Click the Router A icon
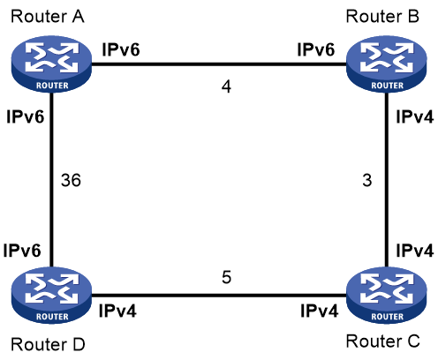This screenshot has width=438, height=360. (51, 64)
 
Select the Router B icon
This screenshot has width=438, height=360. (387, 64)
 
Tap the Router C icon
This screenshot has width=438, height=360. (387, 296)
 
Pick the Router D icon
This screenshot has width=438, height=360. (51, 296)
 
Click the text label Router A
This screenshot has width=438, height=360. (48, 17)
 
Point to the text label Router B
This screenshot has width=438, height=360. (382, 17)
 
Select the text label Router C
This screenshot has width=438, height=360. (382, 341)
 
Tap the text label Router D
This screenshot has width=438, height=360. (48, 344)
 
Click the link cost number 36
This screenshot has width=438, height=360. (71, 180)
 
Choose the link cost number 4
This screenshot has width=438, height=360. (226, 86)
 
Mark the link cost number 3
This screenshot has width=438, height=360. (367, 180)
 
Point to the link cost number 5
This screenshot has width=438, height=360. (226, 277)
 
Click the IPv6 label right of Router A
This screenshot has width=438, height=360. (121, 49)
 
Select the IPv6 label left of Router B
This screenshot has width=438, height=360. (316, 49)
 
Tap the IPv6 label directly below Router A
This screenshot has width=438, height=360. (26, 116)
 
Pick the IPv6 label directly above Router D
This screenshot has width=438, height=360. (22, 251)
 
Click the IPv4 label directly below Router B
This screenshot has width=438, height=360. (415, 116)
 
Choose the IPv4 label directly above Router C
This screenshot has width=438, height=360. (415, 251)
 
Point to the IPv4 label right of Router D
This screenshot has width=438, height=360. (117, 311)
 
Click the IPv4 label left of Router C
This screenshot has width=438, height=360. (320, 311)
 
